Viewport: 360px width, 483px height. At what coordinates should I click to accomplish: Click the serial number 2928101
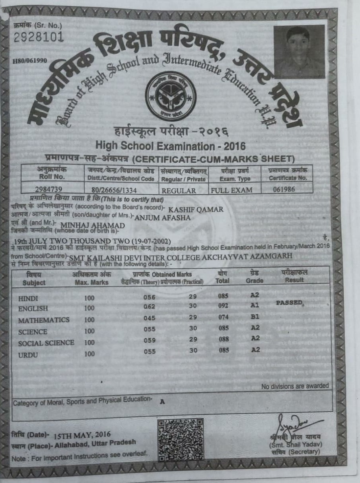point(39,37)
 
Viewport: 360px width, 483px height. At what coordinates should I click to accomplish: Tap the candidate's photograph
point(299,51)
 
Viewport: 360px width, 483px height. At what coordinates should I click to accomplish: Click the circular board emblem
point(171,96)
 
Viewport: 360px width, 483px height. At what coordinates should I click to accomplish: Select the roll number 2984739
point(49,189)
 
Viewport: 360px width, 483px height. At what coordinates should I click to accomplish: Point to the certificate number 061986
point(284,189)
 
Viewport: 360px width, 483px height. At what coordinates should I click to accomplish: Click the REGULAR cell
point(179,190)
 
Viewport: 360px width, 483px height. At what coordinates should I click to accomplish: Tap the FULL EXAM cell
point(232,190)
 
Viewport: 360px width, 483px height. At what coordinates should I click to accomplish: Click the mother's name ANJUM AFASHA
point(163,217)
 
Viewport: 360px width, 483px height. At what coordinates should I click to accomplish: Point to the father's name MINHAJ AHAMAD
point(92,226)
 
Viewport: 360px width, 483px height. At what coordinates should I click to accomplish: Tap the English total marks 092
point(224,306)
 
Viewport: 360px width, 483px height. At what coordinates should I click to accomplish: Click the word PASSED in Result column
point(290,303)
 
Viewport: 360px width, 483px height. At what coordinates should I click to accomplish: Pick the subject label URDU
point(28,355)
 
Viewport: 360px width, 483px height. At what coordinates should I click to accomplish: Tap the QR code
point(181,439)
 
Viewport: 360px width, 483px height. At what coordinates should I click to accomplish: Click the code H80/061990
point(30,60)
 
